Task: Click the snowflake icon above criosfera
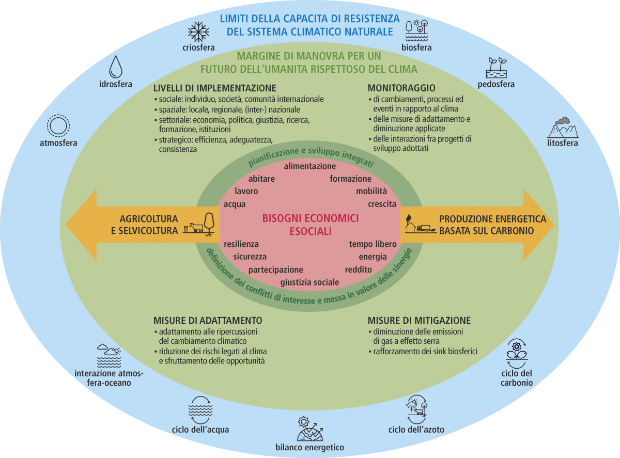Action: click(x=198, y=31)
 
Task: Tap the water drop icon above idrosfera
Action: click(x=117, y=67)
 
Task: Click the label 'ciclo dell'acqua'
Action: click(x=200, y=429)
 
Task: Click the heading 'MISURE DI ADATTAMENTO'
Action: click(x=208, y=320)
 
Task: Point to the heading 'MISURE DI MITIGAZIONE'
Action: click(x=419, y=320)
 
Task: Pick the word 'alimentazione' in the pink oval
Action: click(x=310, y=166)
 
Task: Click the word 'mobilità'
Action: click(x=371, y=192)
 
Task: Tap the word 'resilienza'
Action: click(x=241, y=244)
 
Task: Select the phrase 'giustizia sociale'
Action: click(x=310, y=282)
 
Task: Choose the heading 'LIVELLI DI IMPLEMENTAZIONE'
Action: click(x=215, y=88)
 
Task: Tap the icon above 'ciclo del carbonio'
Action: click(x=516, y=352)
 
